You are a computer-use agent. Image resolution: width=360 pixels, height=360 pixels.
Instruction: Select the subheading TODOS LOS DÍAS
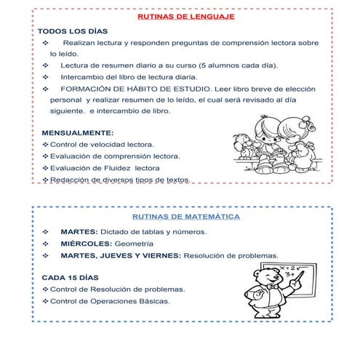click(73, 32)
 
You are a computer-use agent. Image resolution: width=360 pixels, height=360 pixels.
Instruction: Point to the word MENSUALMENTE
click(78, 133)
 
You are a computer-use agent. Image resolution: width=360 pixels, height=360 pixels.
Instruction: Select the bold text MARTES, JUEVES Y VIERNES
click(121, 256)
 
